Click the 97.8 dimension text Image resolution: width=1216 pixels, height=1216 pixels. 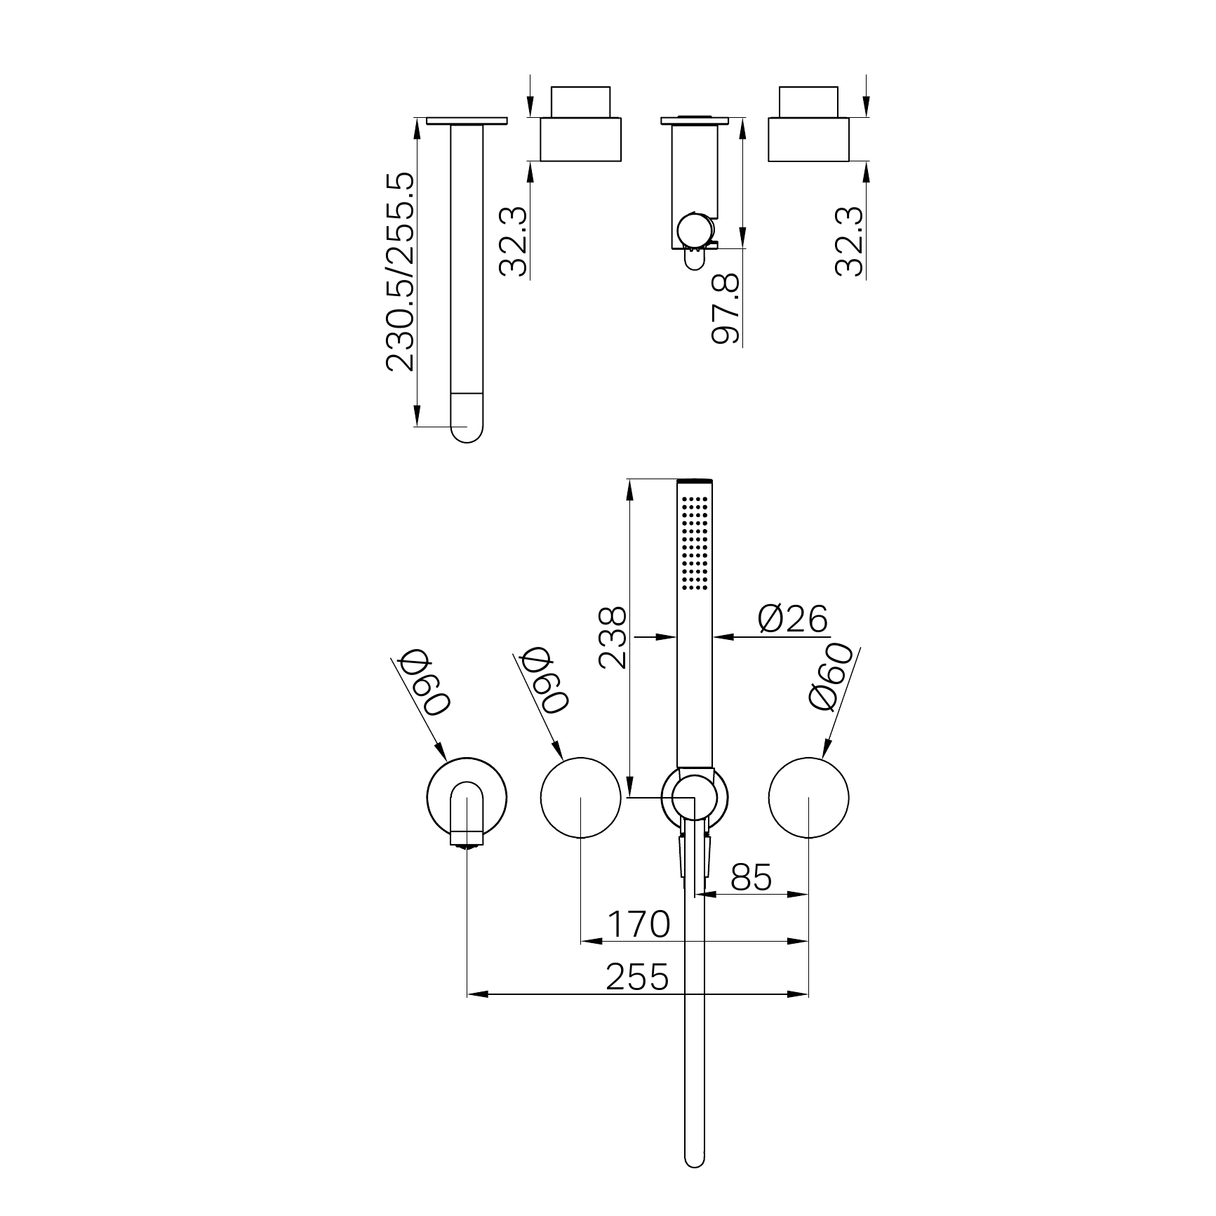(x=726, y=309)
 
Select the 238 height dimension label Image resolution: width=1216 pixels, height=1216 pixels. (x=612, y=638)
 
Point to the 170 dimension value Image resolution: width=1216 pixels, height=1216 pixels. (x=639, y=924)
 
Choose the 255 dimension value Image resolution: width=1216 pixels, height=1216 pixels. (x=637, y=977)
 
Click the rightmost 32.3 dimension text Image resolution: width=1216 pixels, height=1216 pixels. (x=850, y=241)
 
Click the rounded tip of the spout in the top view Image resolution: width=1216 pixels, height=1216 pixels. (x=467, y=428)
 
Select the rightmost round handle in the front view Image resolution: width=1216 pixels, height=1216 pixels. (x=808, y=798)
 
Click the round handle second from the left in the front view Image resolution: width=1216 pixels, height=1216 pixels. (x=581, y=798)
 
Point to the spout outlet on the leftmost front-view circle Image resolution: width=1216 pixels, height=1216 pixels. (x=467, y=838)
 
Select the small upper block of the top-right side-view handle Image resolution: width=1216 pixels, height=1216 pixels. (x=808, y=102)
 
